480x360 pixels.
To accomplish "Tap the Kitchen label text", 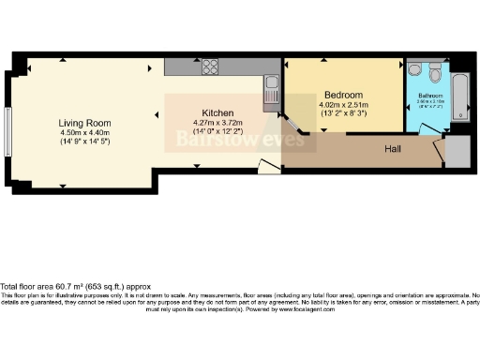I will click(x=217, y=112).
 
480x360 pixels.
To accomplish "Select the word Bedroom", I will click(x=343, y=95).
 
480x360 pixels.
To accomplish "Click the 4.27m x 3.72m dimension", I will click(x=217, y=123).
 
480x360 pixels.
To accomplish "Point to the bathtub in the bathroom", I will click(x=459, y=93).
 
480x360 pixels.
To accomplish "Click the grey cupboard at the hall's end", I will click(x=459, y=156).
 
